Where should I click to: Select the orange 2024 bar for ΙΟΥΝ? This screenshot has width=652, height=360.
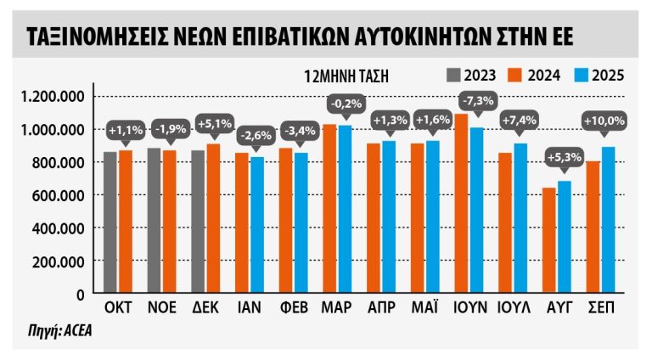463,204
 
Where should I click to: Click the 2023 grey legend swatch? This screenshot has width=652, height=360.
453,74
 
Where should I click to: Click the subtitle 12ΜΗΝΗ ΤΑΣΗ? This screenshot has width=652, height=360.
346,75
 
